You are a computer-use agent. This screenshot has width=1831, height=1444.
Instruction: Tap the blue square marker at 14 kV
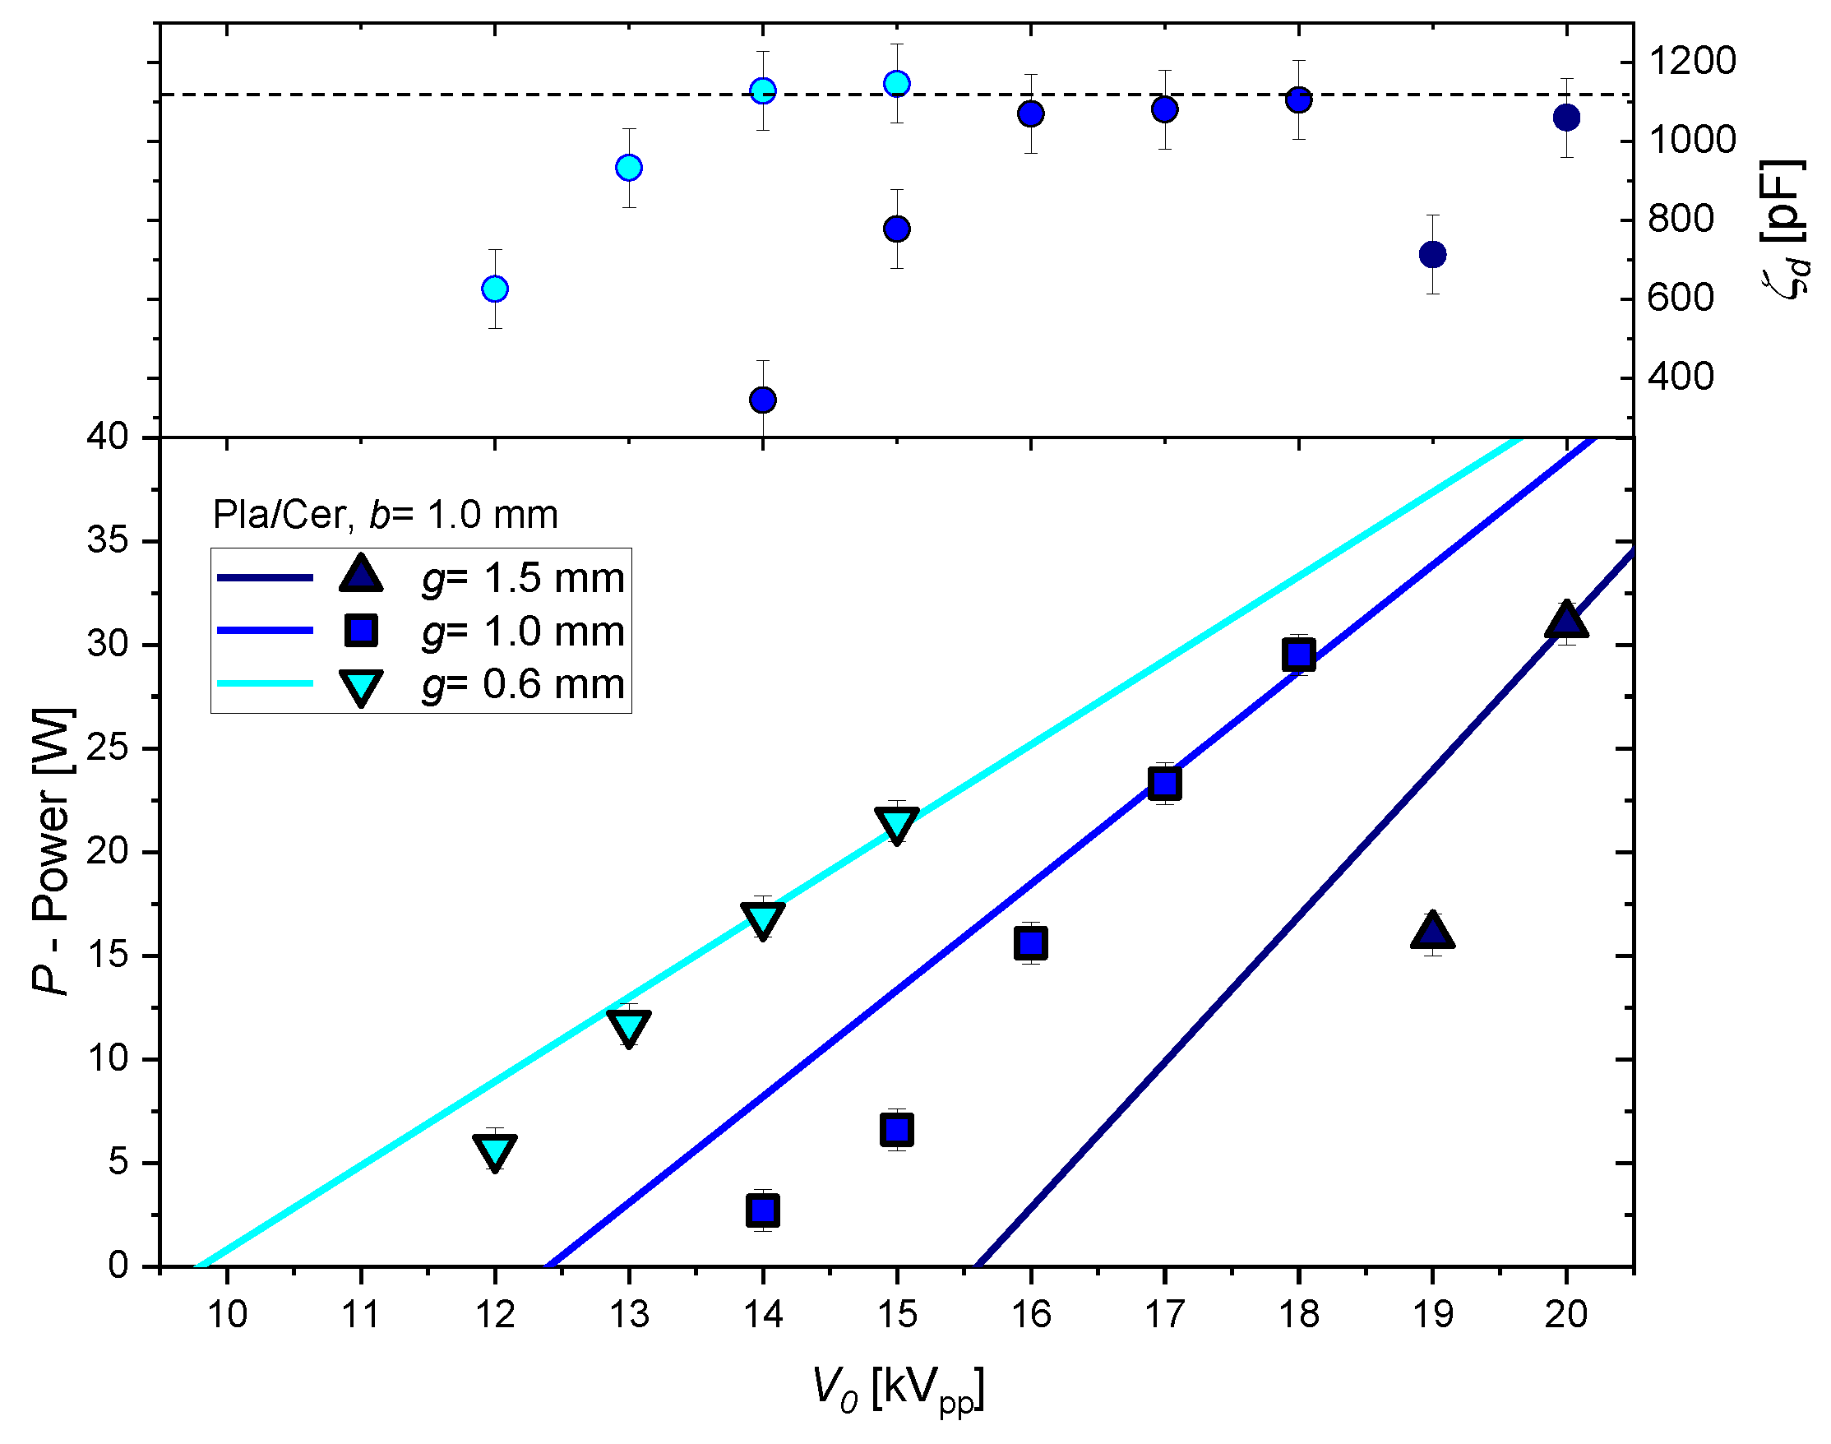(x=762, y=1210)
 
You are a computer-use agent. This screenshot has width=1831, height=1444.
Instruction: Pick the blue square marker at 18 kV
(x=1297, y=655)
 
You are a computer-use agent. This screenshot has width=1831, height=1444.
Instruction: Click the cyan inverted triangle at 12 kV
(x=494, y=1151)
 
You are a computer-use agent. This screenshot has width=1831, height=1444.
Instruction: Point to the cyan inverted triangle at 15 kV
(x=896, y=823)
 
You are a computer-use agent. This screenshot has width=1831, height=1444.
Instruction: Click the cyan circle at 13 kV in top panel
(x=628, y=168)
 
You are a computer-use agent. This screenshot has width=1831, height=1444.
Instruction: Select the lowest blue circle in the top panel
(x=762, y=399)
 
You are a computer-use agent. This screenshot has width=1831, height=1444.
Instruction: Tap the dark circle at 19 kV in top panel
(x=1432, y=253)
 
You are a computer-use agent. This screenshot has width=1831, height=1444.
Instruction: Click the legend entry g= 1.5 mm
(x=522, y=578)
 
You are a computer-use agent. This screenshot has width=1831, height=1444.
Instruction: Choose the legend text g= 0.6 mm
(x=522, y=684)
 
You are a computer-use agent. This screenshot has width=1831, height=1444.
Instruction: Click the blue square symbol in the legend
(x=361, y=631)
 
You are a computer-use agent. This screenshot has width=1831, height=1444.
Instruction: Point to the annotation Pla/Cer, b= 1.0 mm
(x=385, y=515)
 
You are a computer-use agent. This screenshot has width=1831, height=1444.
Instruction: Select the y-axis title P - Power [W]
(x=53, y=851)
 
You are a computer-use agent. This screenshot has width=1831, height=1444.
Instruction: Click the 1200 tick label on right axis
(x=1690, y=62)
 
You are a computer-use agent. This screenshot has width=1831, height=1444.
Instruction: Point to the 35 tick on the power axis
(x=108, y=540)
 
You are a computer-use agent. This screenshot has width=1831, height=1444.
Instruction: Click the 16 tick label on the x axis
(x=1030, y=1315)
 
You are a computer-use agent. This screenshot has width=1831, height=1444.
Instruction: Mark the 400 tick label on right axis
(x=1680, y=377)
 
